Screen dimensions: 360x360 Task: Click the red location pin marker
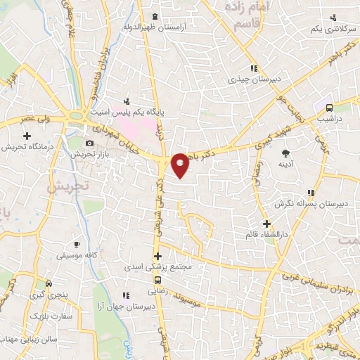(x=180, y=164)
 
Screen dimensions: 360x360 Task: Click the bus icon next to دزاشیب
(x=329, y=108)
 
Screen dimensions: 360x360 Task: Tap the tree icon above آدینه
(x=285, y=153)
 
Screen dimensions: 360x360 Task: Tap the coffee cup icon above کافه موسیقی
(x=77, y=243)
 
